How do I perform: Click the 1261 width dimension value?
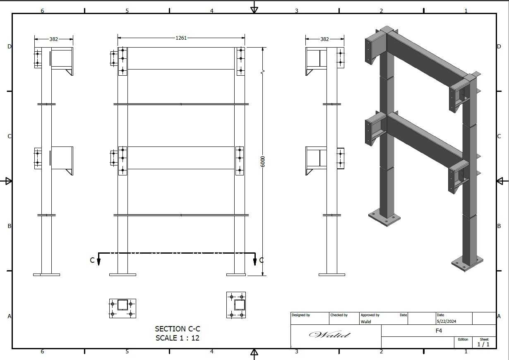[181, 38]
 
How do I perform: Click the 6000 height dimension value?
[263, 162]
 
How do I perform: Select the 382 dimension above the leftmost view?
[54, 39]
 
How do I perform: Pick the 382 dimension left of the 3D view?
[324, 39]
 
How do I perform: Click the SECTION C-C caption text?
[178, 329]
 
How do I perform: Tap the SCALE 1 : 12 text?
[178, 338]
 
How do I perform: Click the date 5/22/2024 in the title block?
[446, 322]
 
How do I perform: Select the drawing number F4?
[439, 331]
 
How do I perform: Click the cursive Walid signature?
[330, 334]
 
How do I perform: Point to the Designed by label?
[300, 315]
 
